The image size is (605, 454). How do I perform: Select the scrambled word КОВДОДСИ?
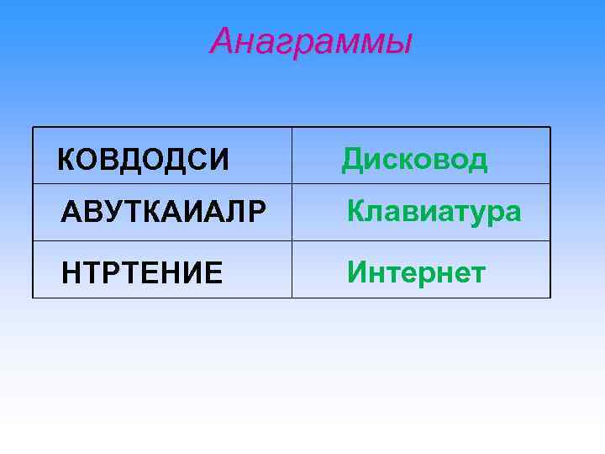pos(143,159)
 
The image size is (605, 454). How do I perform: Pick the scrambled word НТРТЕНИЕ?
pos(143,273)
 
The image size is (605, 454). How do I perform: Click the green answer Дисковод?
pos(414,158)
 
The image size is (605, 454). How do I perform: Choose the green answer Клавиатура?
pos(434,211)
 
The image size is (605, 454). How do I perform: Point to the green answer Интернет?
pos(417,272)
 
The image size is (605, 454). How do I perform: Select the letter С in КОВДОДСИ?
pos(198,159)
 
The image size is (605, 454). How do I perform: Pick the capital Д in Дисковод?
pos(352,158)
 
